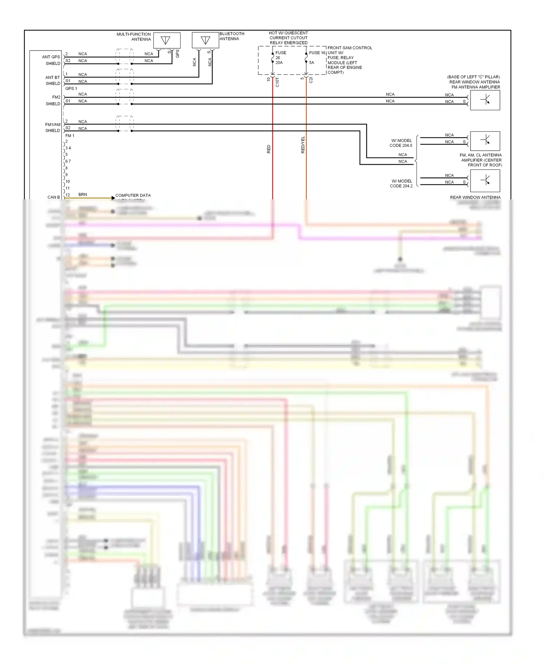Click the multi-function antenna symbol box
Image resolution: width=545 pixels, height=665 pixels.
[x=167, y=40]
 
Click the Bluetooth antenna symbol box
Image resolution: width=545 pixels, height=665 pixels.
[x=205, y=40]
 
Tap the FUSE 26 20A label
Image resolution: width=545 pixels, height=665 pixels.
[x=280, y=57]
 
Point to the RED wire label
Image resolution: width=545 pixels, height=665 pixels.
[x=269, y=149]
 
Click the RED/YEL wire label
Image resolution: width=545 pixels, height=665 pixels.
[x=303, y=145]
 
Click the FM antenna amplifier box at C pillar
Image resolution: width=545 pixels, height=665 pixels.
[x=485, y=100]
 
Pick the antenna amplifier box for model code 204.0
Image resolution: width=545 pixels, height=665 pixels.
[x=485, y=141]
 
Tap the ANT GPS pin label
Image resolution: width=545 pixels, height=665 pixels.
[x=51, y=57]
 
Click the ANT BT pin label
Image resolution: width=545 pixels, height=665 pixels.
[x=52, y=77]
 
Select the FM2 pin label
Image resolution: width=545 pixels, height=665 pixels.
[x=56, y=97]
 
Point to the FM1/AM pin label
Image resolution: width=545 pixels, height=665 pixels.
[x=53, y=124]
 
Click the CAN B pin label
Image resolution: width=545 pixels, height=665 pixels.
[x=53, y=197]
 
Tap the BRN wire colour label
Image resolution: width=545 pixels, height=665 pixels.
[x=82, y=195]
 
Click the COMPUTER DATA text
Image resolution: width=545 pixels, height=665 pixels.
[x=133, y=195]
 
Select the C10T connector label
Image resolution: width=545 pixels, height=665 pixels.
[x=277, y=82]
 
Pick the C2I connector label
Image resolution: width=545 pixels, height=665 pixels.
[x=311, y=80]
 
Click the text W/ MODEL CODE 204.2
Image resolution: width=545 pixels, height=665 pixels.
[x=401, y=183]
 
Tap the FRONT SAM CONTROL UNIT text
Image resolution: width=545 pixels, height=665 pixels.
[x=350, y=48]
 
